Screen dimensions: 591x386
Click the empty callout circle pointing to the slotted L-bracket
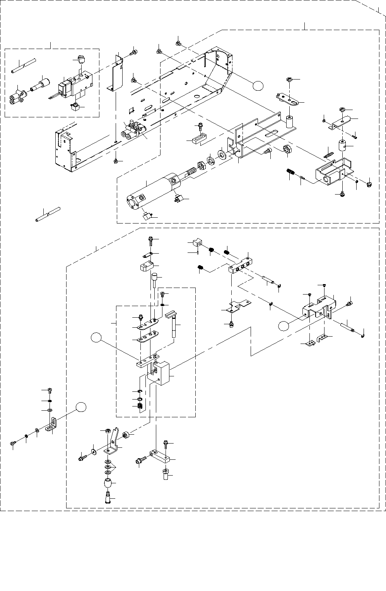tap(80, 407)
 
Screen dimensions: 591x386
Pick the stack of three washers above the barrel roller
tap(107, 467)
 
